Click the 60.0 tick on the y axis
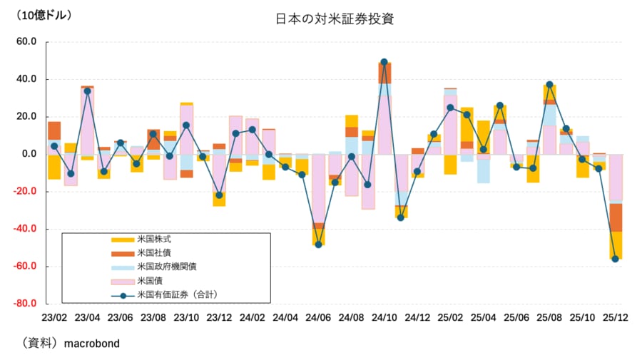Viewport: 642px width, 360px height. (x=25, y=42)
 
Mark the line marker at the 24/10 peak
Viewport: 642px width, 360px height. (x=384, y=62)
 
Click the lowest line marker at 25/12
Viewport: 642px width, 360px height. (x=616, y=259)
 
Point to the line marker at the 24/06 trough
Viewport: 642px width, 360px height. (x=318, y=245)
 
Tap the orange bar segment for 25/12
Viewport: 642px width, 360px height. (x=616, y=217)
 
